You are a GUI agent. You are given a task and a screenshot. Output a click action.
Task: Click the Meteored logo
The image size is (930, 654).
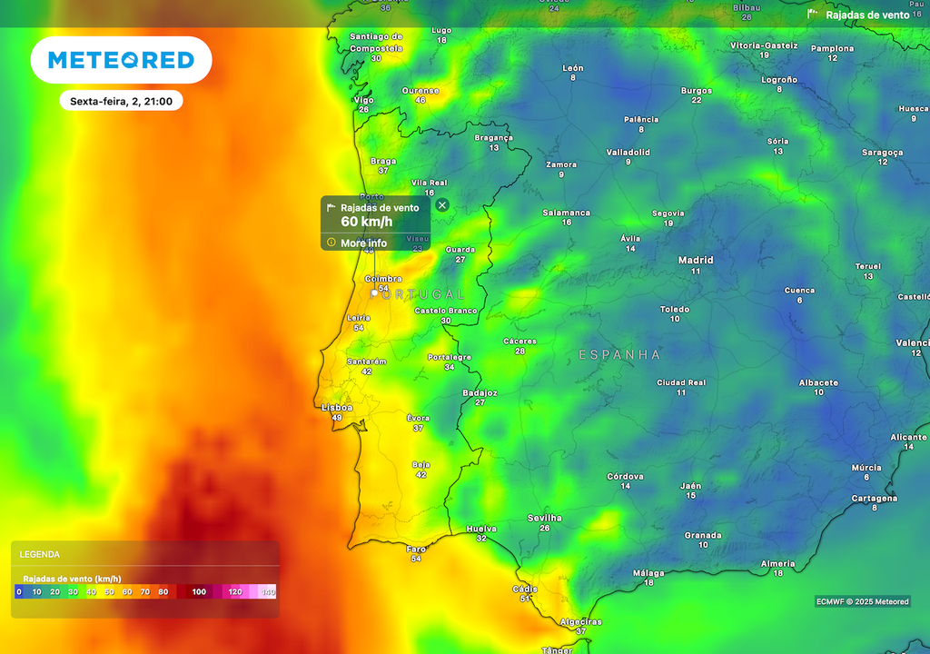point(121,60)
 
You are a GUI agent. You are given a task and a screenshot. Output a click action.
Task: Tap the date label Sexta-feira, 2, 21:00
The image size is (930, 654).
point(121,102)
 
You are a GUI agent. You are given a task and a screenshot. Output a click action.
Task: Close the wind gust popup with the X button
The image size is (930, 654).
point(442,205)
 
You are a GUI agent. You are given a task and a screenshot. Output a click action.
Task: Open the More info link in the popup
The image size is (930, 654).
point(363,243)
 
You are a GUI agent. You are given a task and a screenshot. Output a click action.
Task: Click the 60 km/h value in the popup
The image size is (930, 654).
point(367,222)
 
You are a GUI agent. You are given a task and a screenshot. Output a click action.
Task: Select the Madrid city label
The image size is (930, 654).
point(696,261)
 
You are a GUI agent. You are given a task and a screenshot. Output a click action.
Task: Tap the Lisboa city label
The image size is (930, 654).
point(337,408)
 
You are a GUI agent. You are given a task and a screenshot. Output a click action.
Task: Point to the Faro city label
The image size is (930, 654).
point(416,549)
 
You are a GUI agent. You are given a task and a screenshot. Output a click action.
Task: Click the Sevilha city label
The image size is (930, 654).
point(545,518)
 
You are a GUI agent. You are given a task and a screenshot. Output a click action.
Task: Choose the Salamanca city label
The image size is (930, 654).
point(567,213)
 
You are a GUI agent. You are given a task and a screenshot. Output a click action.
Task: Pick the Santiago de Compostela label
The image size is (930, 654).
point(376,42)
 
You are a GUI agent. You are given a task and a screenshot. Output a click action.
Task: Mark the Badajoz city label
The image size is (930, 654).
point(480,392)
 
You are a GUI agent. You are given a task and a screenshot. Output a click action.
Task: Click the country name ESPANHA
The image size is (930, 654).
point(620,355)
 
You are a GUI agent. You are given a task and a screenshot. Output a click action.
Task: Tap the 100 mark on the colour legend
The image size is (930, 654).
point(199,592)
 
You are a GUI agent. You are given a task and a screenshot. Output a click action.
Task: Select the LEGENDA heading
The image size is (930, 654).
point(40,554)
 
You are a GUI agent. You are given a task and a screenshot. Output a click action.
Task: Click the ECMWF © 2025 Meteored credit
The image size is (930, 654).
point(862,601)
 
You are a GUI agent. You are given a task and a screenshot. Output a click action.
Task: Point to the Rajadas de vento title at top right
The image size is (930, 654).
point(866,15)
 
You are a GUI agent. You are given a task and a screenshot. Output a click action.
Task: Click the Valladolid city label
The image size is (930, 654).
point(628,152)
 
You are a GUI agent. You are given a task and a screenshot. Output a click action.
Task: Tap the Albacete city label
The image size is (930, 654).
point(818,382)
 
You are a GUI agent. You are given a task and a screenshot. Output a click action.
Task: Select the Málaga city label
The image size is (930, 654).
point(648,573)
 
